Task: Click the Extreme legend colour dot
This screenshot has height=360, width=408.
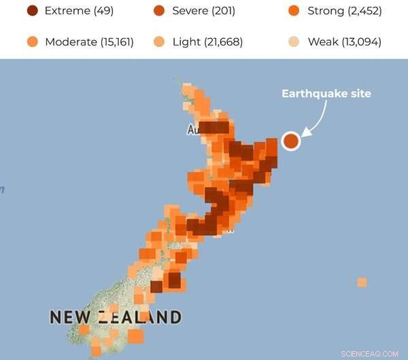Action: coord(32,11)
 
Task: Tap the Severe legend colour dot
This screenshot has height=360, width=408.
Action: coord(160,11)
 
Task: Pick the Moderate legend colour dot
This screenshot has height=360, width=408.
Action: coord(32,42)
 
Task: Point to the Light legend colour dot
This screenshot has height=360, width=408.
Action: coord(160,42)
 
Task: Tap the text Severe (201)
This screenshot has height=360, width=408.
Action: coord(205,11)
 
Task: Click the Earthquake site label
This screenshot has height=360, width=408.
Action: coord(326,94)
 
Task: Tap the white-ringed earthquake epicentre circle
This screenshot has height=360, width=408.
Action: coord(291,141)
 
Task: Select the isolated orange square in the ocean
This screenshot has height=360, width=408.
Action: coord(362,282)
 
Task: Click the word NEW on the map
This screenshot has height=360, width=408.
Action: coord(71,317)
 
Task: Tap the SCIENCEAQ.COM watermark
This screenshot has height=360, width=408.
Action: coord(371,353)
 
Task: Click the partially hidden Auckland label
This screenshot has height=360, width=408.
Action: coord(192,129)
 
